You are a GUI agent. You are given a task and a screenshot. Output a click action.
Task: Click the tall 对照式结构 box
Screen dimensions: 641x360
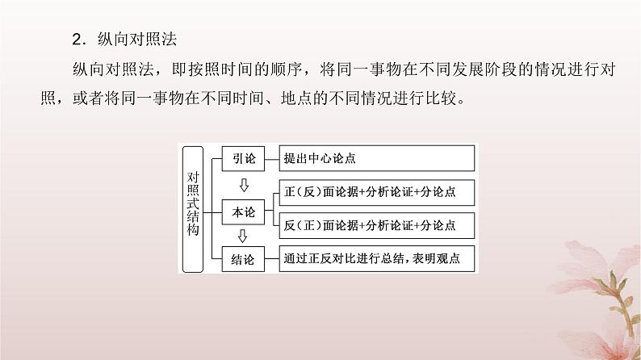192,208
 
